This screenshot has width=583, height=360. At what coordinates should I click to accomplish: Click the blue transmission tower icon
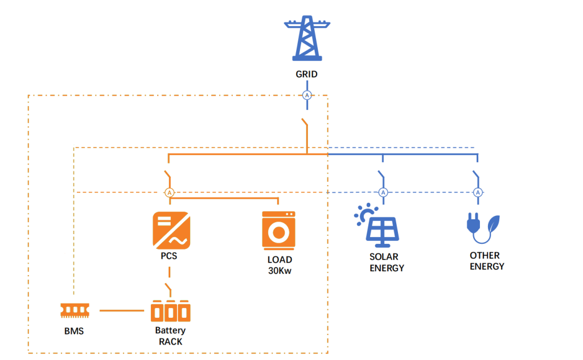coord(307,38)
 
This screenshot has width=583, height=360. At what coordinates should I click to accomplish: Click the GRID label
coord(307,75)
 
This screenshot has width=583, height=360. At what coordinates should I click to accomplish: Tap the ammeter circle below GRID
coord(307,95)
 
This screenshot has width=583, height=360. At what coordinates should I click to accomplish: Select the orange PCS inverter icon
coord(171,231)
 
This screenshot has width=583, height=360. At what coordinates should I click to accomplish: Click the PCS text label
coord(169,256)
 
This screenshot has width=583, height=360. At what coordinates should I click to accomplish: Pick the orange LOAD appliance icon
coord(278,231)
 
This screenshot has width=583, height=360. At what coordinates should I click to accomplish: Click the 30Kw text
coord(280,271)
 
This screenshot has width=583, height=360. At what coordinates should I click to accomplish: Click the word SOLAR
coord(384,256)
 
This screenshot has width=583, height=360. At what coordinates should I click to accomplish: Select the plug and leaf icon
coord(483,228)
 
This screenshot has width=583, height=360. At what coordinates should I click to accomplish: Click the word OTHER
coord(485,256)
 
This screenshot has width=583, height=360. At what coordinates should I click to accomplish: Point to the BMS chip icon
coord(75,310)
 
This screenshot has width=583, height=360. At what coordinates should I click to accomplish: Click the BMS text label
coord(74,331)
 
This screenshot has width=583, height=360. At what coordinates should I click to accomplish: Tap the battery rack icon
coord(171,311)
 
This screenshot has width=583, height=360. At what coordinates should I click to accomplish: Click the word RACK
coord(171,342)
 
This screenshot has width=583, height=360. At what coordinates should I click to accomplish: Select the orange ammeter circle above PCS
coord(170,193)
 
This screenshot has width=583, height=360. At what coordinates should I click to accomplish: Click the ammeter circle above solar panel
coord(383,193)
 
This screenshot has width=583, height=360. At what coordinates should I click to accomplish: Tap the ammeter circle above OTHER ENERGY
coord(478,193)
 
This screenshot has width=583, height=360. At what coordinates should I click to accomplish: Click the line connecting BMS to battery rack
coord(122,310)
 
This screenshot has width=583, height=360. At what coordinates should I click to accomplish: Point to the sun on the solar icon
coord(365,215)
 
